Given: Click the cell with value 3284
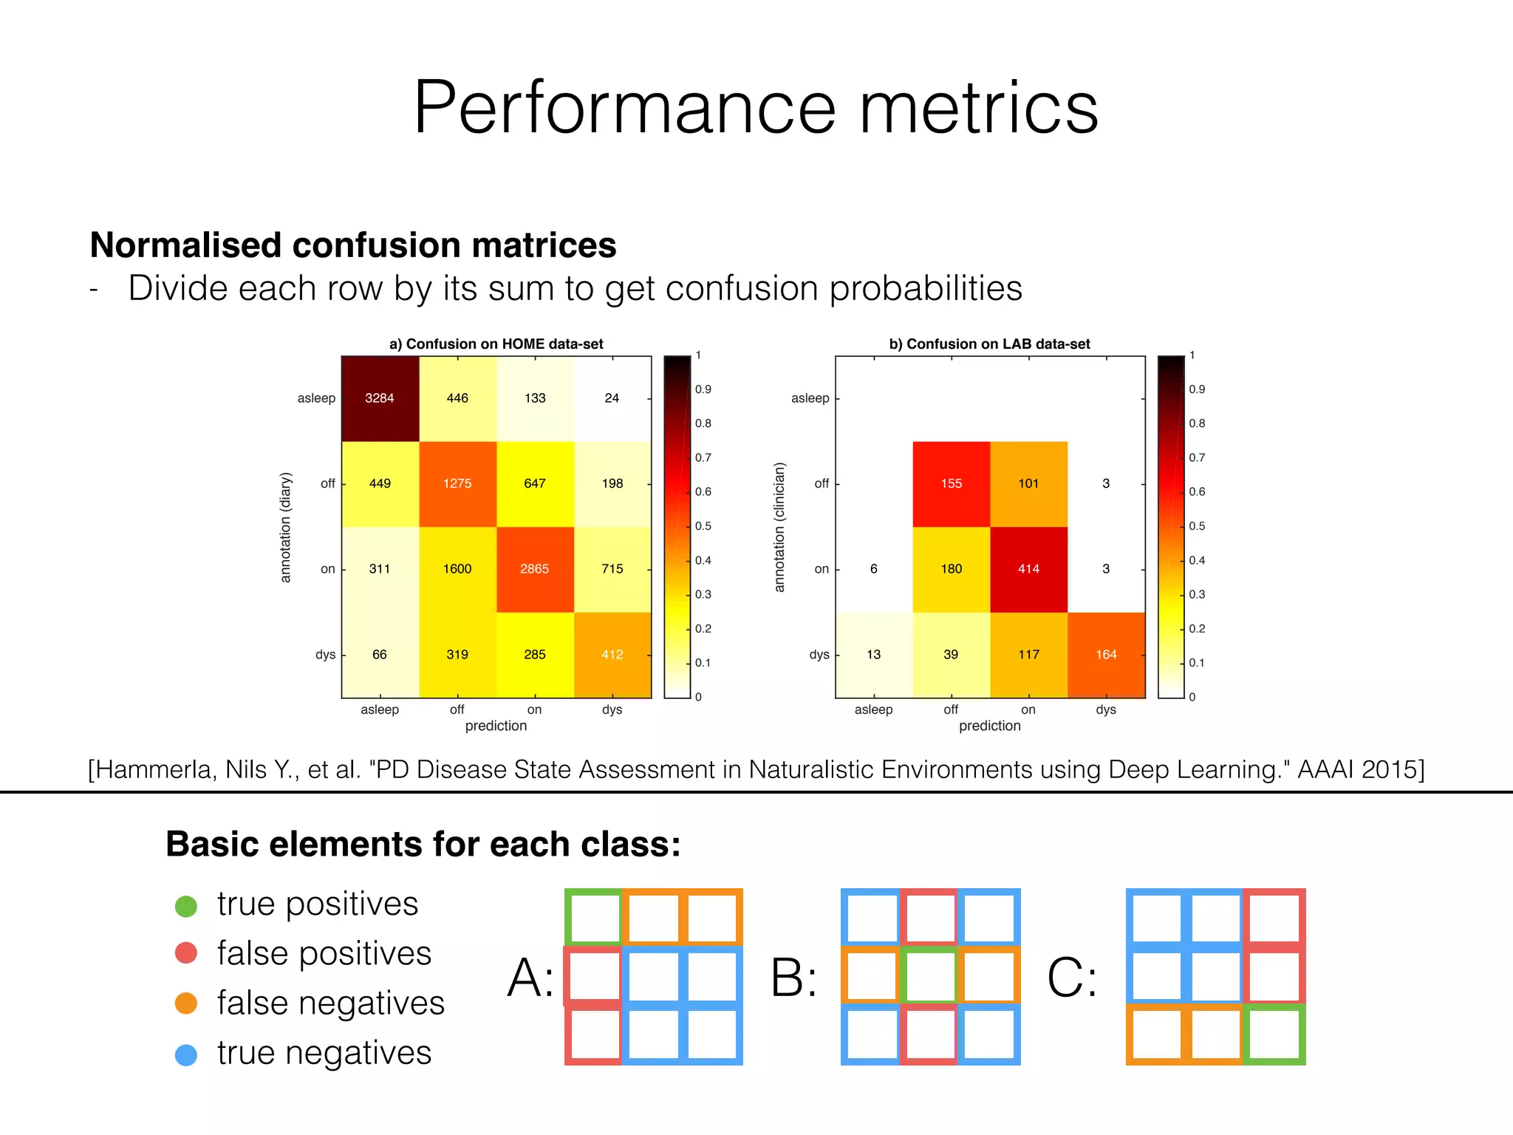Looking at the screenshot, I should pyautogui.click(x=380, y=398).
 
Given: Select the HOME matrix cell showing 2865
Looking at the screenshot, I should pyautogui.click(x=534, y=569).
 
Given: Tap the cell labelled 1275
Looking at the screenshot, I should pyautogui.click(x=457, y=483).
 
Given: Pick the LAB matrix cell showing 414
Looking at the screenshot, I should pyautogui.click(x=1028, y=569).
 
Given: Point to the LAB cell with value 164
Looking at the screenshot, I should pyautogui.click(x=1106, y=655).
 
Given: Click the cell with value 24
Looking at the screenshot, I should pyautogui.click(x=612, y=398).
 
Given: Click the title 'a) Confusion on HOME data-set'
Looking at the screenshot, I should pyautogui.click(x=496, y=344).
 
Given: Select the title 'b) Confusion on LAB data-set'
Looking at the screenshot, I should pyautogui.click(x=989, y=344).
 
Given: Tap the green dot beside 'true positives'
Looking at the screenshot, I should pyautogui.click(x=186, y=906).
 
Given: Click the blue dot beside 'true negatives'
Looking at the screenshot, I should pyautogui.click(x=186, y=1054).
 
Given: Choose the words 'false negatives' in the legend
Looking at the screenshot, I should pyautogui.click(x=330, y=1003).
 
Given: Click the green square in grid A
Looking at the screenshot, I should pyautogui.click(x=594, y=917).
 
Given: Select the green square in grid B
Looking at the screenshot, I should pyautogui.click(x=930, y=976).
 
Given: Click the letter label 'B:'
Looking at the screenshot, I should pyautogui.click(x=793, y=978).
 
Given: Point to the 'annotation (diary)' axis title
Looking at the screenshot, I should pyautogui.click(x=286, y=527).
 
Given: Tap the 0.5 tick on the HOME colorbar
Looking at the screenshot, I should pyautogui.click(x=703, y=526).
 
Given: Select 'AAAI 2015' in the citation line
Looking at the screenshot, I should pyautogui.click(x=1360, y=769).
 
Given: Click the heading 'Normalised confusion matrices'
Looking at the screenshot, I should pyautogui.click(x=352, y=245).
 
